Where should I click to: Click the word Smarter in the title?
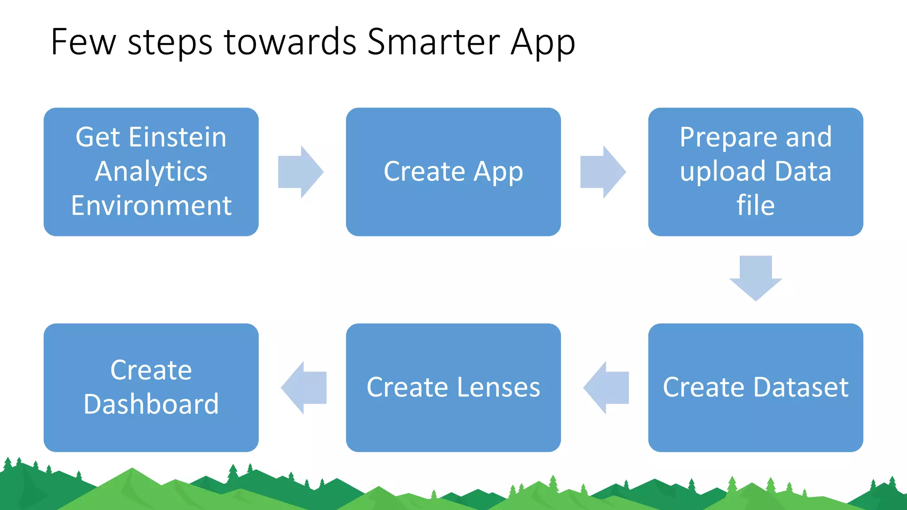[x=434, y=42]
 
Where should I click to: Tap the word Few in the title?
[x=83, y=42]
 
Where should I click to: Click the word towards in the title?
[x=290, y=42]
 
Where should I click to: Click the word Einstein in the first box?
[x=178, y=137]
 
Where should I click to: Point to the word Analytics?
[x=151, y=172]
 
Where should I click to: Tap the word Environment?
[x=151, y=206]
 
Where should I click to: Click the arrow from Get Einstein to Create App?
[x=300, y=172]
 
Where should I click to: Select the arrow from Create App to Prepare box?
[x=603, y=172]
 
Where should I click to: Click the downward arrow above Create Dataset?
[x=756, y=278]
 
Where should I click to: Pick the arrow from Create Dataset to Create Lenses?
[x=606, y=388]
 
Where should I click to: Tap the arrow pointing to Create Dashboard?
[x=304, y=388]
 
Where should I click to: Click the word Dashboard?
[x=151, y=404]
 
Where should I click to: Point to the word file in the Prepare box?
[x=756, y=206]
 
